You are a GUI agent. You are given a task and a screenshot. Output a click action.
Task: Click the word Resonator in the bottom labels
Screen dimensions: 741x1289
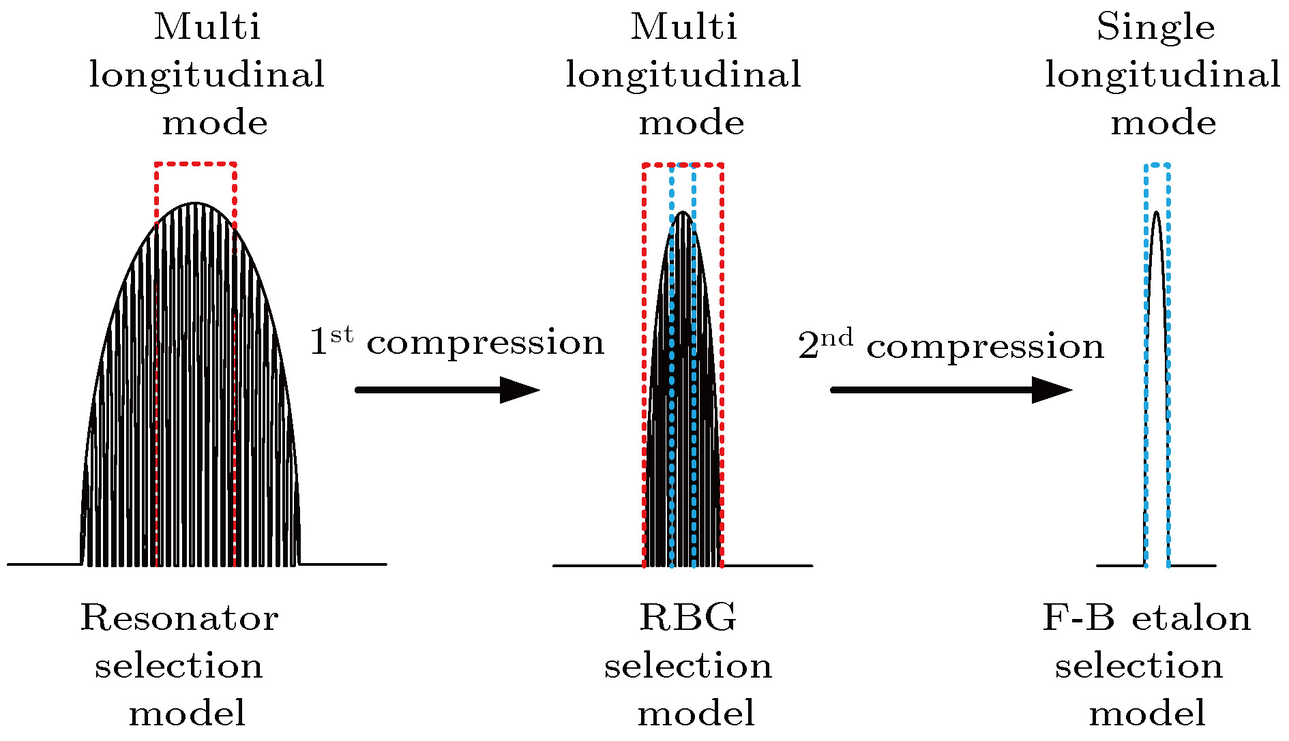[179, 619]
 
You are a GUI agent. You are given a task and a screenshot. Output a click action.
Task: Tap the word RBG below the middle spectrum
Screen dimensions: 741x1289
[687, 619]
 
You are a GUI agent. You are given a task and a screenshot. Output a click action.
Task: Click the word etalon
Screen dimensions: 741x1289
[1191, 619]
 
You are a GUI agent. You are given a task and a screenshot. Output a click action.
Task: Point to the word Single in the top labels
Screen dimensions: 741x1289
[1155, 29]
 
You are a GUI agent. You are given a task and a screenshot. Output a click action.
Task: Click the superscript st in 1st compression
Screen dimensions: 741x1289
[342, 335]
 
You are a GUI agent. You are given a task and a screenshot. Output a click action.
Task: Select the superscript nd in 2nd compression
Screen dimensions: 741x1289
[836, 337]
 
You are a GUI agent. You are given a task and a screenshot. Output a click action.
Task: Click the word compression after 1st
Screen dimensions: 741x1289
[486, 344]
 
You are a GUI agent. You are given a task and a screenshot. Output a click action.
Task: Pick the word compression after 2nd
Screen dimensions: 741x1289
[985, 348]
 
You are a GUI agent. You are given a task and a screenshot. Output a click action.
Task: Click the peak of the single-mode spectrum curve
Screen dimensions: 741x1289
[1157, 213]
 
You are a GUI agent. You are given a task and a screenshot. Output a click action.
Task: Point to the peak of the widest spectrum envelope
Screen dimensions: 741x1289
[196, 203]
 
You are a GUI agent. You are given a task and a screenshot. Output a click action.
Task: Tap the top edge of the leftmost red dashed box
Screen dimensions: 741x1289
[196, 164]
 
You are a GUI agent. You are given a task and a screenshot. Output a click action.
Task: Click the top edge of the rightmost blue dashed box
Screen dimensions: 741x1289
[1157, 164]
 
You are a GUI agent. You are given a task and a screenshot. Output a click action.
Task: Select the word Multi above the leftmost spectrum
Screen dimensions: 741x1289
[207, 29]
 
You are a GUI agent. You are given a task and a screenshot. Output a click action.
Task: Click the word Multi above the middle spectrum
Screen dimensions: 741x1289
[683, 29]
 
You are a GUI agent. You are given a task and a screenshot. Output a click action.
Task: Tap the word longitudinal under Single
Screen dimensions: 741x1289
[1162, 76]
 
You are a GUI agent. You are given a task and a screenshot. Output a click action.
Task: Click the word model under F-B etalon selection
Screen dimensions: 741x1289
[1147, 714]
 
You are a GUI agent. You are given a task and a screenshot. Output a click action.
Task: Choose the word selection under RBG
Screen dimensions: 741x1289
[687, 667]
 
